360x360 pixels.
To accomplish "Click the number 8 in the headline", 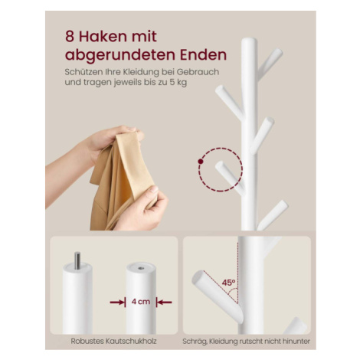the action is click(70, 37).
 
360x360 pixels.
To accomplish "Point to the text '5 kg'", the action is click(178, 82).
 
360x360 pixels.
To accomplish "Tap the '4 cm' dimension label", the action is click(141, 302).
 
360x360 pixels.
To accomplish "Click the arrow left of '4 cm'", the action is click(118, 303).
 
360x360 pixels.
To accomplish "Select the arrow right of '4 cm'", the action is click(164, 303).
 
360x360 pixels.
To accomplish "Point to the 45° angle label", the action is click(228, 283).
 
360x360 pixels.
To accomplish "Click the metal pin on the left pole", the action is click(77, 260).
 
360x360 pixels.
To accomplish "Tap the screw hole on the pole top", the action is click(141, 268).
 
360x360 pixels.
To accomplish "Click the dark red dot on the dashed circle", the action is click(201, 161).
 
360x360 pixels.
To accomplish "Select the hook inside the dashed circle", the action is click(231, 178).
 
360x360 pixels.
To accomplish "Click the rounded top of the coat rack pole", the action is click(249, 41).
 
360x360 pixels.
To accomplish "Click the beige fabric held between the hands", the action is click(124, 178).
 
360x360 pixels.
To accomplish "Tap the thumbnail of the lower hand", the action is click(154, 189).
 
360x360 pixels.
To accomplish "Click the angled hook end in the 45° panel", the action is click(198, 277).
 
